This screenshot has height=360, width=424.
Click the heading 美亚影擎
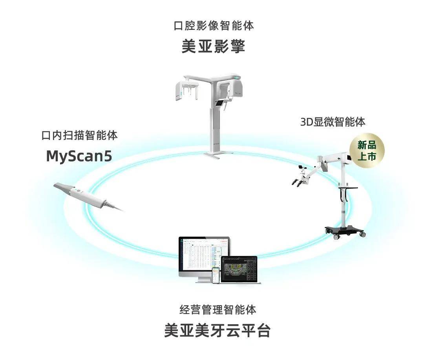point(214,47)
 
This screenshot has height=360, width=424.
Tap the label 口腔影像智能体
point(214,26)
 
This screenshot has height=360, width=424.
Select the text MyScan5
point(79,156)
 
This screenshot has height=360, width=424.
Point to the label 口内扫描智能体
point(80,136)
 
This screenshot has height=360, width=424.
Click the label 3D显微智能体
point(333,122)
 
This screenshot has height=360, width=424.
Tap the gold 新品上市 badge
point(367,151)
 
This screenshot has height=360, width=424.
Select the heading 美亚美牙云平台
point(217,330)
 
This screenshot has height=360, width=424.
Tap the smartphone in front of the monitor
point(215,276)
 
